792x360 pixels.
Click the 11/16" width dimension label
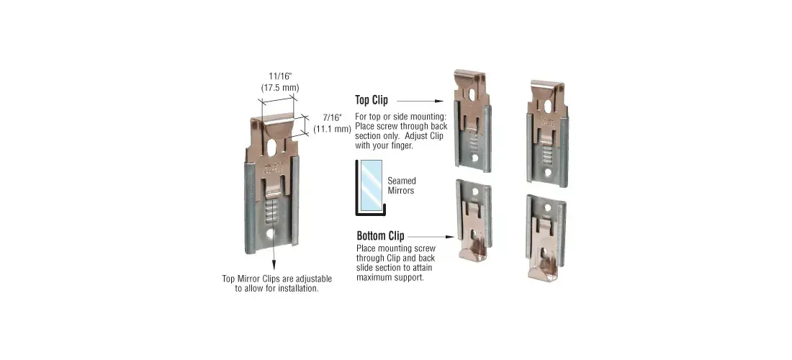click(280, 76)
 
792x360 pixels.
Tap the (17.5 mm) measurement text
click(280, 87)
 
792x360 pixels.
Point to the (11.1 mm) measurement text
click(332, 129)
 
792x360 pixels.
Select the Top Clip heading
click(372, 100)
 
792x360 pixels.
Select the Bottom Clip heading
click(380, 235)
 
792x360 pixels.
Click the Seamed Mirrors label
click(402, 185)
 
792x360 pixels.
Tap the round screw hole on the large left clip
click(271, 234)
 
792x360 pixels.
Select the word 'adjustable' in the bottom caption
click(315, 279)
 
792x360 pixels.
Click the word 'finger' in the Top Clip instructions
click(403, 146)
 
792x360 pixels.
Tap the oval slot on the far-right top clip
click(549, 105)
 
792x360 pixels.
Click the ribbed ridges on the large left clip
click(271, 212)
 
